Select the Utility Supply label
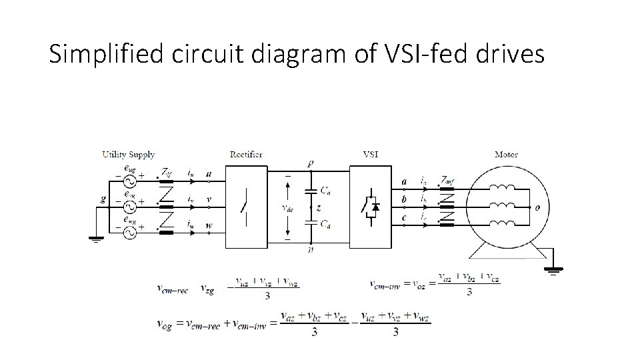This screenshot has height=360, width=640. click(128, 155)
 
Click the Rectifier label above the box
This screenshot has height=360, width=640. click(246, 155)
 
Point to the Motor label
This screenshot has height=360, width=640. click(506, 155)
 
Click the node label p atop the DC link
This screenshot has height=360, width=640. click(311, 163)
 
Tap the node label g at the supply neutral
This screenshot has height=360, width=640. click(103, 198)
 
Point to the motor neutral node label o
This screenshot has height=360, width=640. click(537, 207)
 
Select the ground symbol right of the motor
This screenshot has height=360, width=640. click(553, 270)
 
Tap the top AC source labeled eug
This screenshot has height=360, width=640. click(127, 180)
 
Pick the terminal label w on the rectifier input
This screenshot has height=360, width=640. click(209, 225)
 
